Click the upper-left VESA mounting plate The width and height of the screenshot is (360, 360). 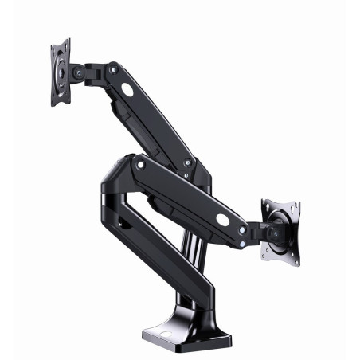point(61,72)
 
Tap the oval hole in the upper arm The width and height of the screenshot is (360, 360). point(128,90)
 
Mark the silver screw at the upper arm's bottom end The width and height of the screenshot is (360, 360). point(188,162)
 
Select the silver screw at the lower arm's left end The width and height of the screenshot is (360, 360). point(141,165)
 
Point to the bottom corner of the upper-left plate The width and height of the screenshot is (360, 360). point(57,104)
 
